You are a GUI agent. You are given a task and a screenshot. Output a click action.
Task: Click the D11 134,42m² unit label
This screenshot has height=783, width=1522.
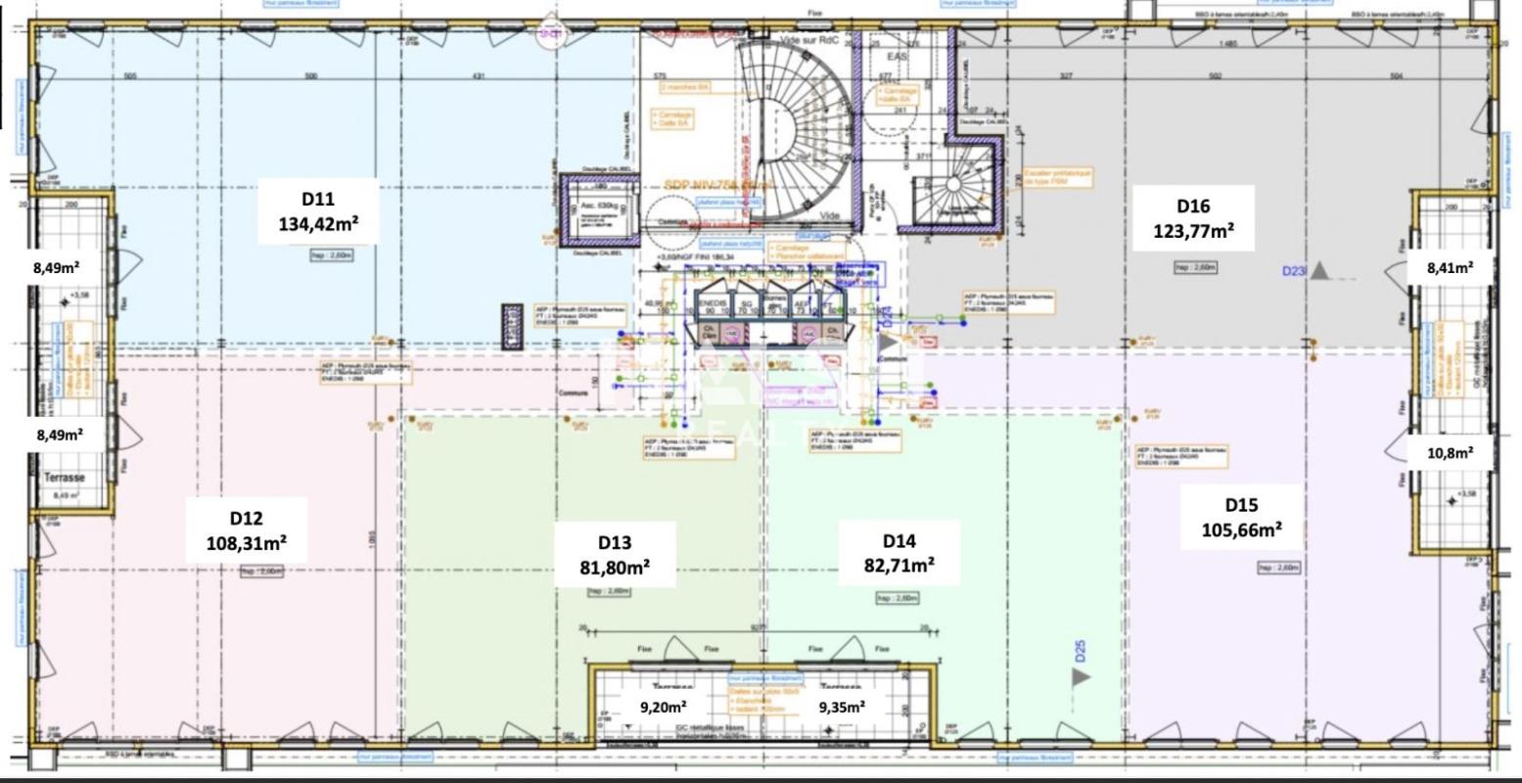point(318,211)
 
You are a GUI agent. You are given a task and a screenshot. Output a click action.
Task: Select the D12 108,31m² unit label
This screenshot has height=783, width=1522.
point(247,530)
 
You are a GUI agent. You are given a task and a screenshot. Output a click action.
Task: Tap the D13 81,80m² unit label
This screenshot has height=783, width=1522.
point(614,555)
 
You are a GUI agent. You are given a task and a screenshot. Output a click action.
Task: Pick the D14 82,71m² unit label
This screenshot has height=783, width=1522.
point(899,553)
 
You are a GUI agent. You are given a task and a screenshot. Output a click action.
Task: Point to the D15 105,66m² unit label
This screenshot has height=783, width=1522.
point(1241,518)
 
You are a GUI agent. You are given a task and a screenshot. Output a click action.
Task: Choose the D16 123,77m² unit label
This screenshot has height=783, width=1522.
point(1193,218)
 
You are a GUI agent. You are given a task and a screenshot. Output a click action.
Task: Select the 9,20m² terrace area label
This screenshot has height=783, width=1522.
point(663,707)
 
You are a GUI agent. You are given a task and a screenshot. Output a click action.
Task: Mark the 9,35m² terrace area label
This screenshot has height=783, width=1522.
point(841,707)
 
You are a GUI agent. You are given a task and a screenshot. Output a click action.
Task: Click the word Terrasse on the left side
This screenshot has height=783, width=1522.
point(65,478)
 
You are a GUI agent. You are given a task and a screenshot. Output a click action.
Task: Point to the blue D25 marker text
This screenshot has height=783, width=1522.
point(1081,651)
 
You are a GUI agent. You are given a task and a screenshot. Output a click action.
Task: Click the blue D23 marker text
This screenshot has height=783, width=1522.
point(1294,271)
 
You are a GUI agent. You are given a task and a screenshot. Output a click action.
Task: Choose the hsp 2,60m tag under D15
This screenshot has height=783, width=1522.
point(1278,568)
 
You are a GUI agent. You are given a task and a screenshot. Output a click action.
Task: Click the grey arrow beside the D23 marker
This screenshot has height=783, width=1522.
point(1319,271)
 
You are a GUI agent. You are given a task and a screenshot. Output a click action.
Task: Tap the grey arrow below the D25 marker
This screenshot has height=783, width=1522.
point(1081,676)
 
